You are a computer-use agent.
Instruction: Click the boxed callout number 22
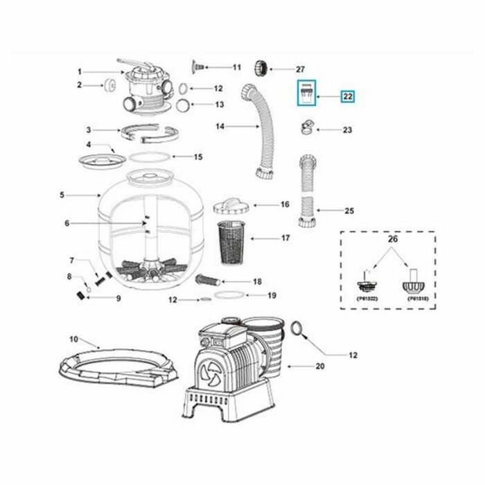pos(349,96)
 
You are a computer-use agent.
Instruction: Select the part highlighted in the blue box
pos(307,91)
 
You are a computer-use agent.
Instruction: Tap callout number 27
pos(299,69)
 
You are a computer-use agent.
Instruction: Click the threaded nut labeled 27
pos(263,68)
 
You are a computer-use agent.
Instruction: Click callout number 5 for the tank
pos(62,195)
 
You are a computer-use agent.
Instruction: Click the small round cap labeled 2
pos(109,86)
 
